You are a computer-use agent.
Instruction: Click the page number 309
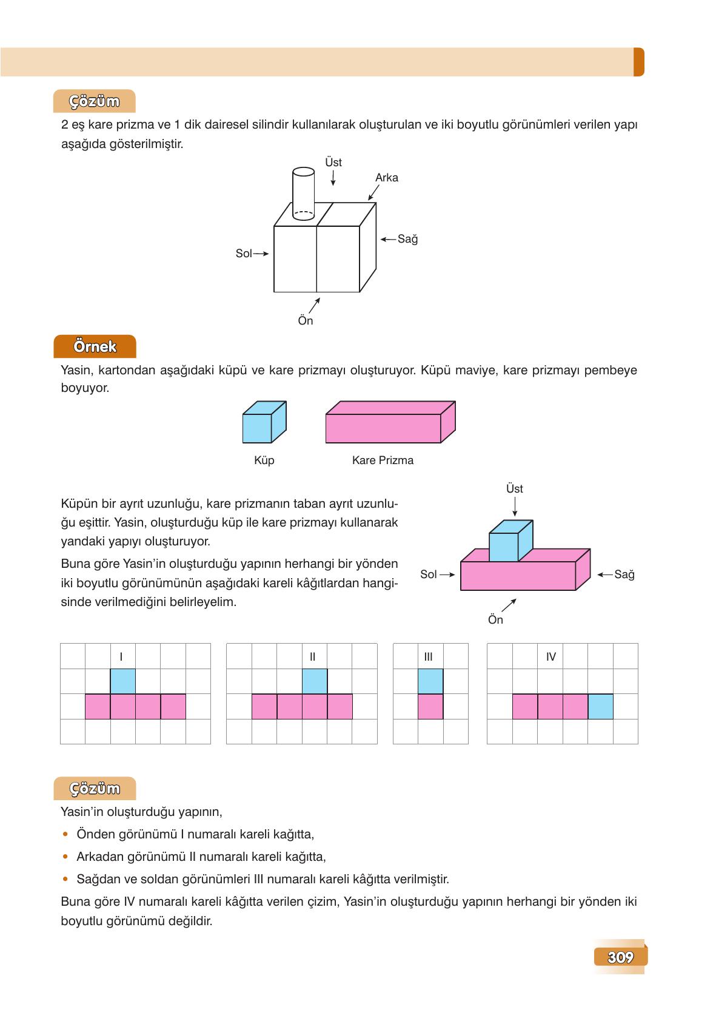coord(620,957)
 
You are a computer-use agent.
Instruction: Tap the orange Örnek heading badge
coord(95,346)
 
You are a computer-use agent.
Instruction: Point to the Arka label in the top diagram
coord(387,178)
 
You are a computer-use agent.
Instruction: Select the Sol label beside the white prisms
coord(244,254)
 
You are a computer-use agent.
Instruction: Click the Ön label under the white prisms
coord(306,321)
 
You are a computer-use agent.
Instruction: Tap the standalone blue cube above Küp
coord(264,423)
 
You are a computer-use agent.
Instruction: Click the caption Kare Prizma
coord(383,460)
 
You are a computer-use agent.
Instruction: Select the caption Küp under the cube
coord(264,460)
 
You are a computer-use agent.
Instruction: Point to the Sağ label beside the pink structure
coord(624,575)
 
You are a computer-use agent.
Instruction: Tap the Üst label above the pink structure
coord(515,489)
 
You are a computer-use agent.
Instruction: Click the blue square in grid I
coord(123,681)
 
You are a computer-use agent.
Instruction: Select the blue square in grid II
coord(315,681)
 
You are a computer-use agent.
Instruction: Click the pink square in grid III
coord(430,707)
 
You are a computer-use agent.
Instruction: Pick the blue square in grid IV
coord(600,707)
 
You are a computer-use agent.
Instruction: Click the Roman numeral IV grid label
coord(551,656)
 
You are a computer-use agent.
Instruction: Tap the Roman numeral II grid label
coord(312,656)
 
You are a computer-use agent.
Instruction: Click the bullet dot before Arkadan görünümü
coord(65,857)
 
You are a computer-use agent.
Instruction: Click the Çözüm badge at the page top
coord(95,101)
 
